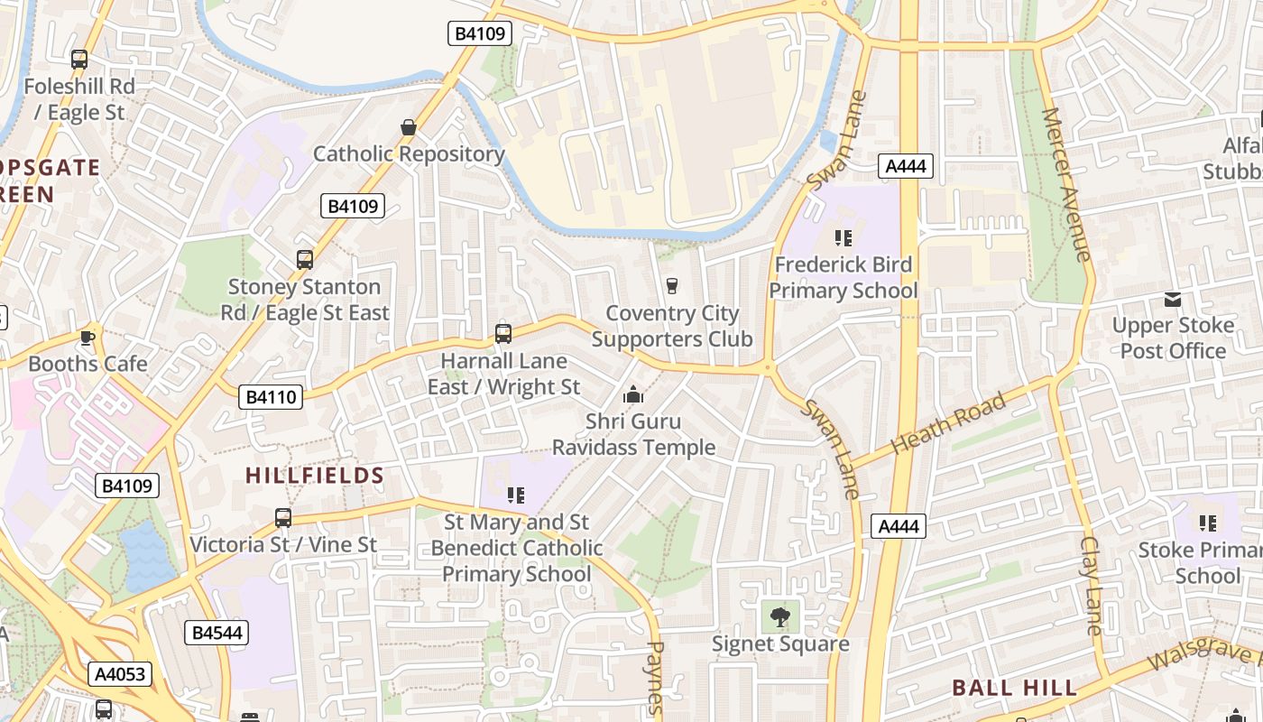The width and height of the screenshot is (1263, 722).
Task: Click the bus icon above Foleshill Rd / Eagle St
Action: (79, 60)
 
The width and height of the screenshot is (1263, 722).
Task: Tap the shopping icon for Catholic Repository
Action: (409, 127)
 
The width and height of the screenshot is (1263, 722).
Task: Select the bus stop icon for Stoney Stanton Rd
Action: (305, 260)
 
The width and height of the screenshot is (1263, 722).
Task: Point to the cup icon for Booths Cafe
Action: (87, 338)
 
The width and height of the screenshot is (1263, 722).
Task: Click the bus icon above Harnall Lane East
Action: (503, 334)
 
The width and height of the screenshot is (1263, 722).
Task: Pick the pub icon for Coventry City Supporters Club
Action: (671, 286)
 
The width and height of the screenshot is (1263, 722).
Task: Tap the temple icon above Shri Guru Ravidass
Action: (633, 394)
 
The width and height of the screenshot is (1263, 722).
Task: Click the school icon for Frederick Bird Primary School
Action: (844, 238)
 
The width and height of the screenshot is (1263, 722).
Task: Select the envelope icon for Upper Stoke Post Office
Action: (1173, 299)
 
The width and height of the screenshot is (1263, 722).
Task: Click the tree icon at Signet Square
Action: (780, 617)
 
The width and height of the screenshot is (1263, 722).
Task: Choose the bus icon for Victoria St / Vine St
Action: (283, 518)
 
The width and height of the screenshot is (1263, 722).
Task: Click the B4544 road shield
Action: (217, 633)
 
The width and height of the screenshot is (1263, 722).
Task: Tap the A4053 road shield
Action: (120, 674)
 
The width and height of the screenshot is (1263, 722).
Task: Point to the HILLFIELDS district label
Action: (315, 476)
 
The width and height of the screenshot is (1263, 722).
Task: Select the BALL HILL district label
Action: (1015, 688)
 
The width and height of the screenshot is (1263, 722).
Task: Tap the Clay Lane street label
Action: (1092, 585)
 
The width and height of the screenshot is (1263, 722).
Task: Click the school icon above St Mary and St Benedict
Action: (516, 495)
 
